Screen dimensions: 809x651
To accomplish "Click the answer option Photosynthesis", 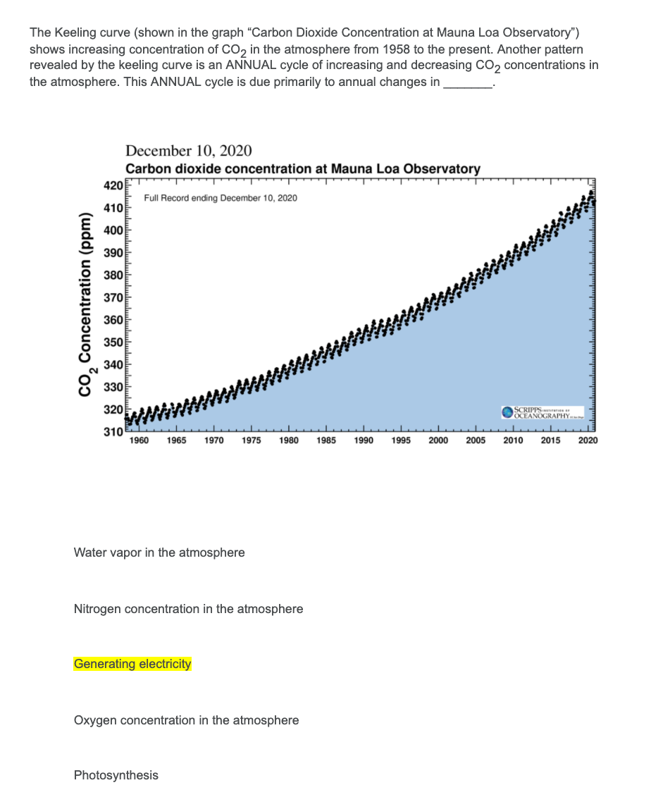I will (116, 775).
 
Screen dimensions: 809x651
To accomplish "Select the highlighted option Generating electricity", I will (132, 664).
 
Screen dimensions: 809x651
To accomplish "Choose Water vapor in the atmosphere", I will (159, 552).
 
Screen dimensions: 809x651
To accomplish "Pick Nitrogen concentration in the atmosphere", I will (188, 609).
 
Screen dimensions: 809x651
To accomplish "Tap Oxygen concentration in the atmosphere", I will (186, 720).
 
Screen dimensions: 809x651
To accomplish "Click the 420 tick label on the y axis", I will (113, 187).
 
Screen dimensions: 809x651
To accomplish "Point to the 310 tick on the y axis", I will (113, 431).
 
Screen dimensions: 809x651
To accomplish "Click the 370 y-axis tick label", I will (113, 298).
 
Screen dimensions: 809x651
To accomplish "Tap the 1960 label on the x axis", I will (139, 440).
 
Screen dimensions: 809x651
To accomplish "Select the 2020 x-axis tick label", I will (588, 440).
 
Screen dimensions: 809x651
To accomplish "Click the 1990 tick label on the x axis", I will (364, 440).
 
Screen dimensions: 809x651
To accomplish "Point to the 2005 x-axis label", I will (476, 440).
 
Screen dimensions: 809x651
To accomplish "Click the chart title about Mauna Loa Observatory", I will (303, 169).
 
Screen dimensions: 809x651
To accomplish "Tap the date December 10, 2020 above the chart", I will (188, 151).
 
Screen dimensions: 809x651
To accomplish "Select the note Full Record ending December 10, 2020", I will (221, 198).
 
